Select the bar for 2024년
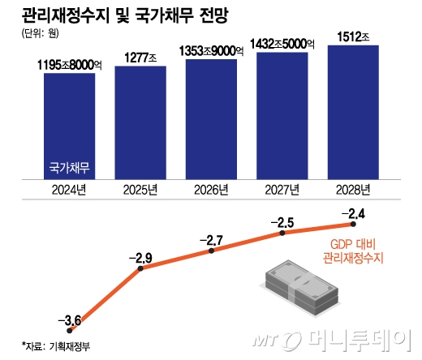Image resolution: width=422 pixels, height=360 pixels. tap(69, 126)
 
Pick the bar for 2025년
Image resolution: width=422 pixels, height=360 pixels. tap(140, 122)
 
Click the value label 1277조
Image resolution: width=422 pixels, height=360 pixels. tap(140, 57)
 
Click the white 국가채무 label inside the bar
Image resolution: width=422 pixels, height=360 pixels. tap(69, 169)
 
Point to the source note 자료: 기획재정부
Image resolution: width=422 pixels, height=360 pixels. tap(49, 345)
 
